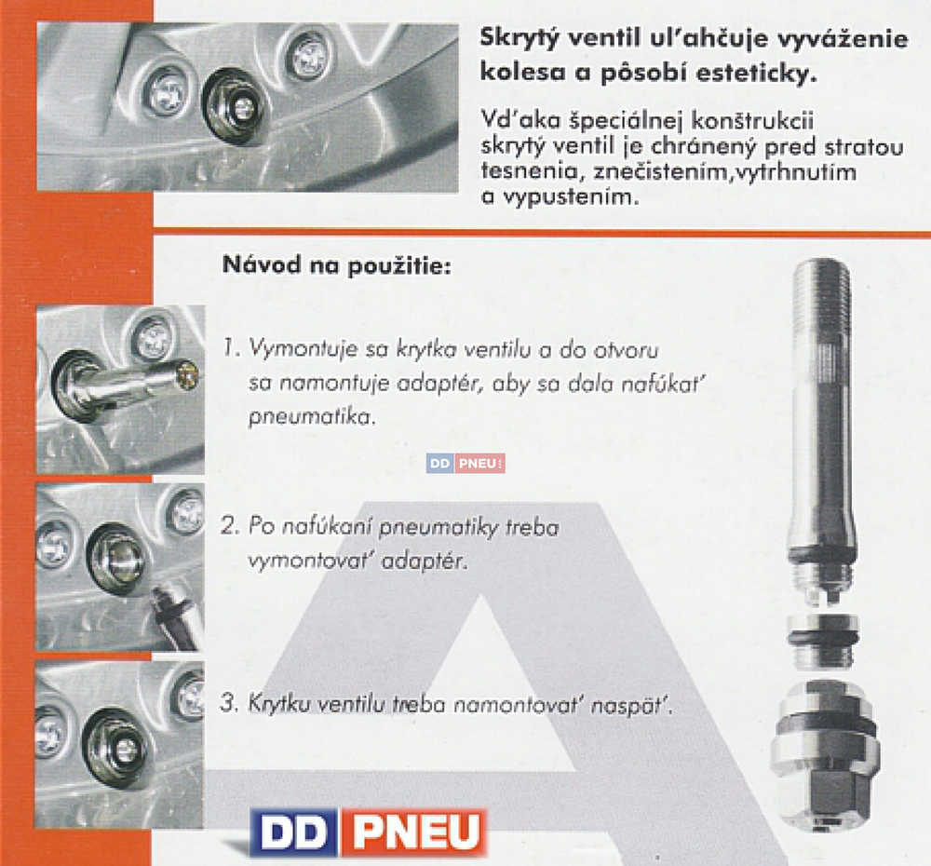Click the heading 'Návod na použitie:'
click(x=337, y=264)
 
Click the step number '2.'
click(x=230, y=526)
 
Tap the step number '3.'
click(x=229, y=703)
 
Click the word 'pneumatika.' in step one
click(x=312, y=417)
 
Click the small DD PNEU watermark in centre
click(x=465, y=464)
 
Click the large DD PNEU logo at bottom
click(x=368, y=832)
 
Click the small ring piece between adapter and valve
click(x=822, y=641)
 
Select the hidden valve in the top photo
click(x=236, y=106)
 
